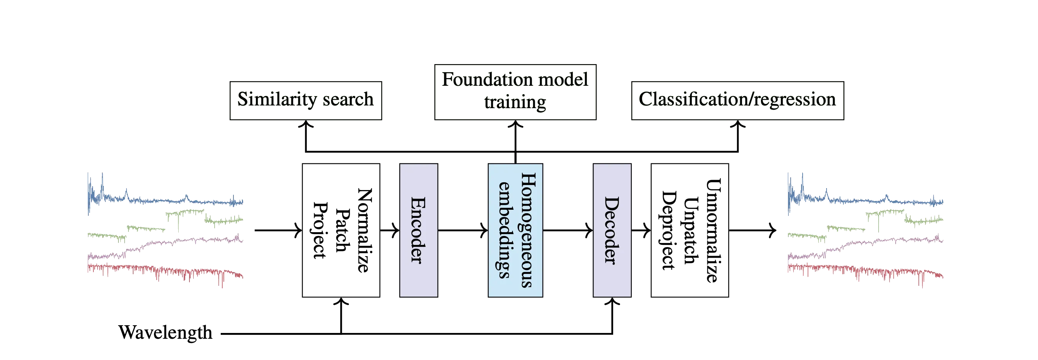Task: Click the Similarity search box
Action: [306, 100]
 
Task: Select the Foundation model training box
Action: [515, 91]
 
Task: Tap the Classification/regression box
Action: [737, 100]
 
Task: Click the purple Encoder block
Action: [418, 230]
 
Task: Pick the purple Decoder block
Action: [612, 230]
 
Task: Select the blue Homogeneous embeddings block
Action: [516, 230]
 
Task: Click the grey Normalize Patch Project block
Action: [341, 230]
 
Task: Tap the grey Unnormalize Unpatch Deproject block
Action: [690, 230]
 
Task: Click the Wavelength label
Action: [166, 333]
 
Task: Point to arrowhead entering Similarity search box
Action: [306, 126]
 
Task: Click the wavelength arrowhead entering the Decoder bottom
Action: [612, 302]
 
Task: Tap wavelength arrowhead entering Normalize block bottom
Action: [341, 302]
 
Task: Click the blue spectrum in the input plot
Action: [161, 199]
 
